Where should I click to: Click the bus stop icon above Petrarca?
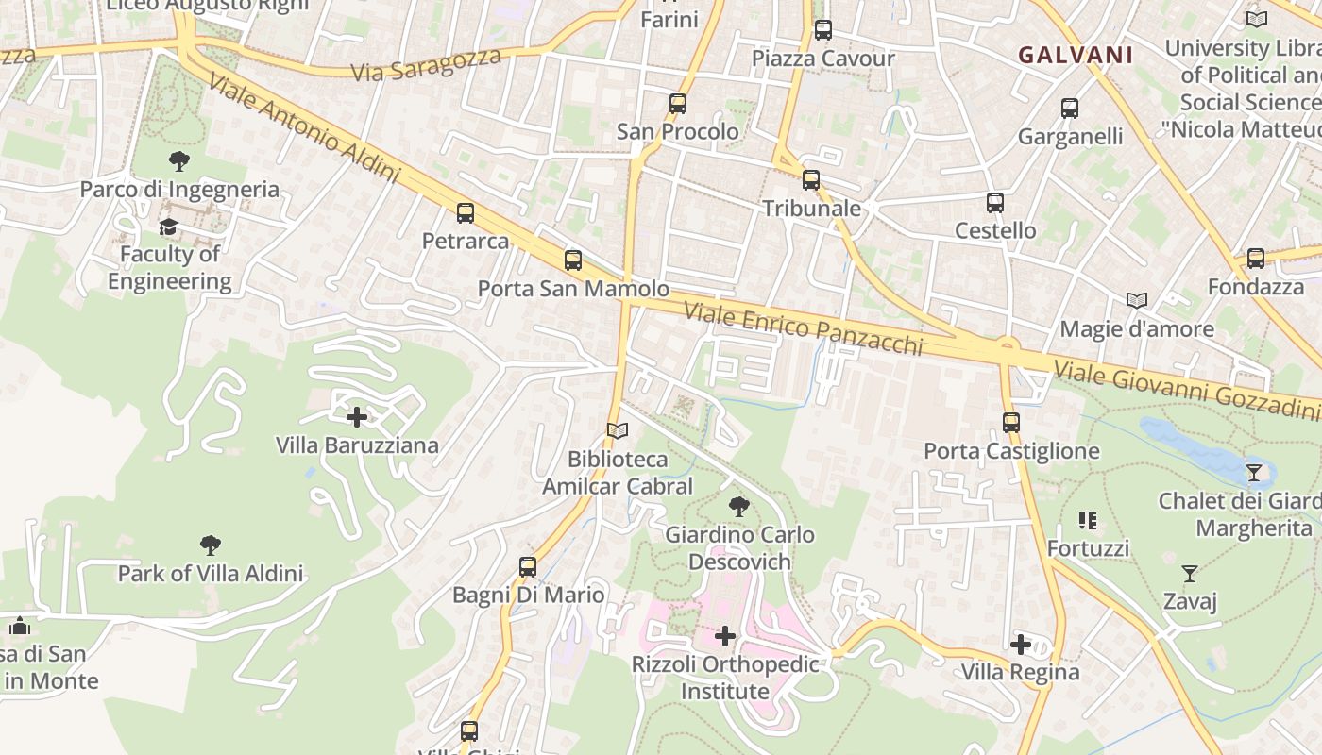[466, 213]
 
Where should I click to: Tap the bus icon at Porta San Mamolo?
[573, 260]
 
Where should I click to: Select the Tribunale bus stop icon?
[811, 180]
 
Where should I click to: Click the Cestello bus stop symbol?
[995, 203]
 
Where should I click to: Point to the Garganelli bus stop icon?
[1070, 109]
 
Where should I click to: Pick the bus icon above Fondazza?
[1256, 259]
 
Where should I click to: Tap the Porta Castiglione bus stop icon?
[1011, 423]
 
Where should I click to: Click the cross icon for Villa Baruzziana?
[357, 416]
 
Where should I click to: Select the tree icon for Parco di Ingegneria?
[178, 161]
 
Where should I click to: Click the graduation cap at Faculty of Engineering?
[168, 226]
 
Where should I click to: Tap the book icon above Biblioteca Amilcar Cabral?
[618, 431]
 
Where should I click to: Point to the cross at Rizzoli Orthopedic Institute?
[725, 636]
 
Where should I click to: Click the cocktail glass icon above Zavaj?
[1190, 573]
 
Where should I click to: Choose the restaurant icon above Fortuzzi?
[1088, 521]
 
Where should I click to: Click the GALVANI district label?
[1076, 55]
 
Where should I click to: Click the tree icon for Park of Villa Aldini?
[211, 545]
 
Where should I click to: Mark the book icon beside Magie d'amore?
[1137, 301]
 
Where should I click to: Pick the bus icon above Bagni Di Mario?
[528, 567]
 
